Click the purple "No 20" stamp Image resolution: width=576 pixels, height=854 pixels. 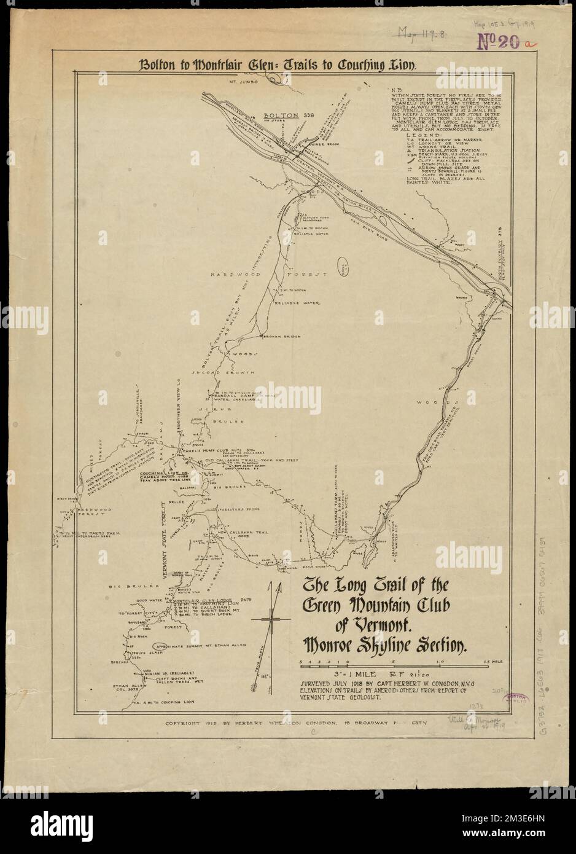click(x=500, y=42)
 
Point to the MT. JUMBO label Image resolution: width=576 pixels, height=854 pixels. click(x=244, y=81)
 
